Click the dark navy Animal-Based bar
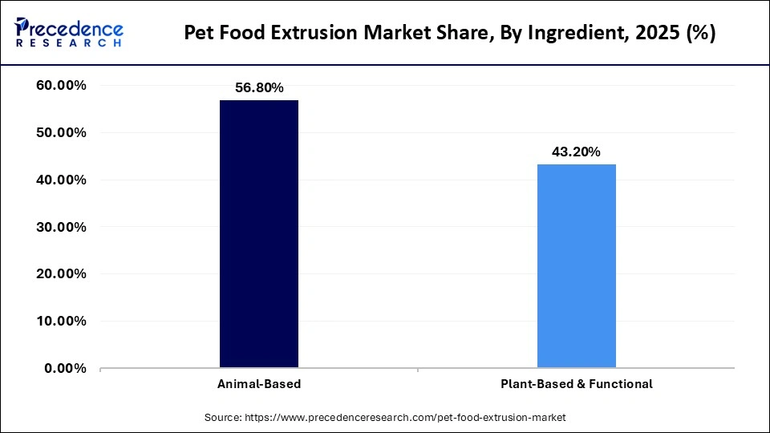[258, 234]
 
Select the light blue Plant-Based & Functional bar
[576, 266]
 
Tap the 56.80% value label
[259, 88]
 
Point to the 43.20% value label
[576, 152]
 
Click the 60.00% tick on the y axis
[61, 86]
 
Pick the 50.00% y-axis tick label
[61, 132]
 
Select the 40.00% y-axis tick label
[61, 180]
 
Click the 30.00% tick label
[61, 227]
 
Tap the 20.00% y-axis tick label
[61, 274]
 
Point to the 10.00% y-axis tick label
[61, 322]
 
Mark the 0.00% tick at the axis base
[65, 369]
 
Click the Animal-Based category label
[259, 384]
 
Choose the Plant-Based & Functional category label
[576, 384]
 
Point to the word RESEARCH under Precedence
[69, 42]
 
